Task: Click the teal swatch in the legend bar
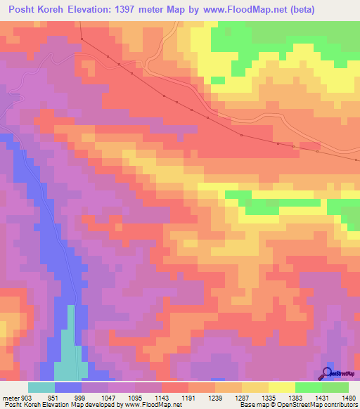[41, 387]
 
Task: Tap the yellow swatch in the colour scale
[281, 387]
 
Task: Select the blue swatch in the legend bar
[68, 387]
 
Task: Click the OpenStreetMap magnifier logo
[328, 372]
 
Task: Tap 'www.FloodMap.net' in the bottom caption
[146, 405]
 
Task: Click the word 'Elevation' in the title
[95, 9]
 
